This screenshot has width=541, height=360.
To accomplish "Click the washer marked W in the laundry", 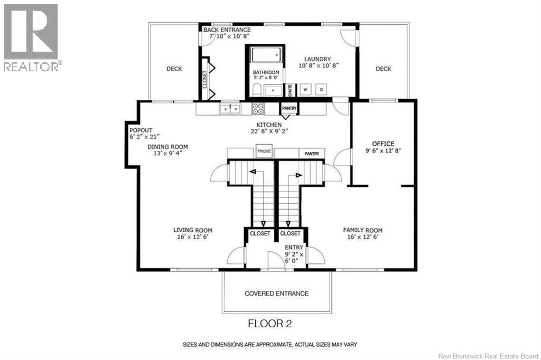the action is tap(305, 90).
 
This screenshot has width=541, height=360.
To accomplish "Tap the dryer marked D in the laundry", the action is tap(321, 90).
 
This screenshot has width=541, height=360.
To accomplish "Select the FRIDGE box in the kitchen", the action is tap(264, 151).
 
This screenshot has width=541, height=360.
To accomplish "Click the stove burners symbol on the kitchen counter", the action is tap(258, 109).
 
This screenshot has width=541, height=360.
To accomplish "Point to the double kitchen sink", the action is tap(230, 109).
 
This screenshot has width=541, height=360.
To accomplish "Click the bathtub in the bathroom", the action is tap(266, 55).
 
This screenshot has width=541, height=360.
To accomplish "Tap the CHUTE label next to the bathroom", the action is tap(290, 91).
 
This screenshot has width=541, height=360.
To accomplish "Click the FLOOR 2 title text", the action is tap(270, 324).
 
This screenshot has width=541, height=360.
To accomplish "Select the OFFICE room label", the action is tap(383, 144).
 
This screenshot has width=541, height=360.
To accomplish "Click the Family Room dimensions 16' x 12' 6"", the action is tap(362, 237).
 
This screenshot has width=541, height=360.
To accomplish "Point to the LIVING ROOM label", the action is tap(192, 230).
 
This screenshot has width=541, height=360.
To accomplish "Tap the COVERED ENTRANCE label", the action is tap(276, 293).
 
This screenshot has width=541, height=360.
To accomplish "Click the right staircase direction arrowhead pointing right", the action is tap(299, 176).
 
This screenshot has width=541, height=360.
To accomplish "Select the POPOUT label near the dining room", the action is tap(141, 130).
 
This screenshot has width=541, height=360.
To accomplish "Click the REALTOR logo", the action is tap(32, 37).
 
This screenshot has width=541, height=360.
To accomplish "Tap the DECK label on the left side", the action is tap(174, 69).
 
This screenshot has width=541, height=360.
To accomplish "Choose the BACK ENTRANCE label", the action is tap(227, 30).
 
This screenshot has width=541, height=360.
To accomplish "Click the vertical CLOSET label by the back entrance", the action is tap(204, 79).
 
